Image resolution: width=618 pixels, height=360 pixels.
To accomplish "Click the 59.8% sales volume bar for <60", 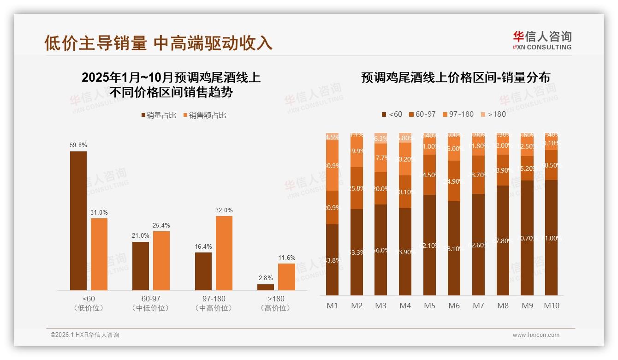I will [x=78, y=221].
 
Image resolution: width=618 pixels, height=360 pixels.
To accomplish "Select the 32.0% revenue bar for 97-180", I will [x=224, y=253].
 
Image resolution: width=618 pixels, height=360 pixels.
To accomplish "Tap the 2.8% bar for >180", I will [x=266, y=287].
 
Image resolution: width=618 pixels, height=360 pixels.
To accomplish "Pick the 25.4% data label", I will [x=161, y=225].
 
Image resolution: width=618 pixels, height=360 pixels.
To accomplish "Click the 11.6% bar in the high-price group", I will [x=286, y=277].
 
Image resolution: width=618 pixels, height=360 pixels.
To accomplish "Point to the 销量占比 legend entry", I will [x=159, y=115].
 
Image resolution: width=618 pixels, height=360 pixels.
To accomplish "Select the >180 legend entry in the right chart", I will [x=493, y=114].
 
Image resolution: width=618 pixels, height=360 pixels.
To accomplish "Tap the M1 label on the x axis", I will [x=333, y=306].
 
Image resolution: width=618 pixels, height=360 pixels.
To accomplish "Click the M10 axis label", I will [x=551, y=306].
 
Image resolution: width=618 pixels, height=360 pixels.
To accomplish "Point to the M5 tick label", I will [x=430, y=306].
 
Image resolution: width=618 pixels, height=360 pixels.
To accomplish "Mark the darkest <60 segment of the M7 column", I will [x=478, y=245].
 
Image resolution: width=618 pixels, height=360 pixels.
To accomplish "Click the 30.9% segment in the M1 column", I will [x=333, y=165].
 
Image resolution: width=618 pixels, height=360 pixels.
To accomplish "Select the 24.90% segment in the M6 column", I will [x=454, y=181].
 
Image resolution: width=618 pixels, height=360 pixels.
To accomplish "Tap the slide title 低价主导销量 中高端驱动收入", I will [x=158, y=42].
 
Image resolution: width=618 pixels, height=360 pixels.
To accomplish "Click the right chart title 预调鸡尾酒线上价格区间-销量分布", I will [x=455, y=78].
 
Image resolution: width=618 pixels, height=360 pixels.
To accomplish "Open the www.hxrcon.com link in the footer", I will [x=536, y=335].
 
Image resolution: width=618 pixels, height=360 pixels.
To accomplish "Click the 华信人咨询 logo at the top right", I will [x=542, y=40].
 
